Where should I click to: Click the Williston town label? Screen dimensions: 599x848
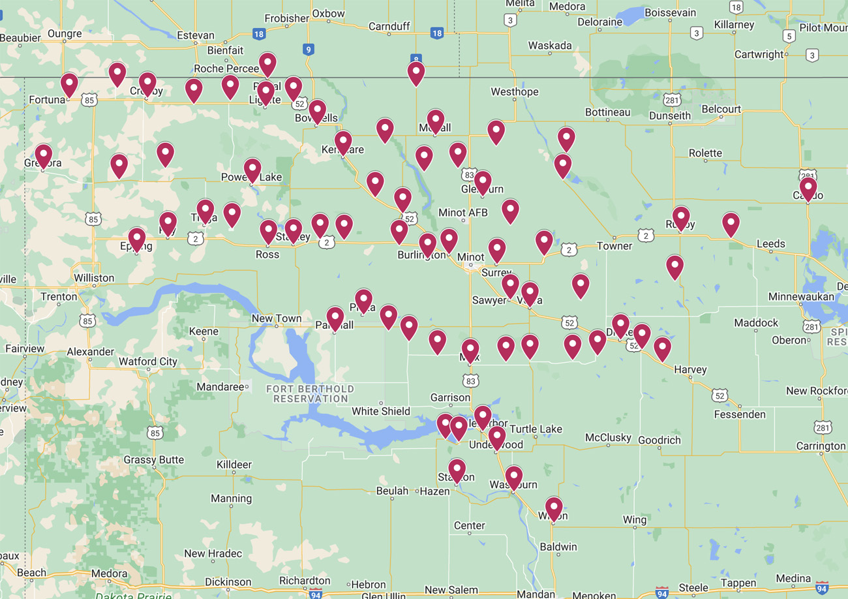pos(94,278)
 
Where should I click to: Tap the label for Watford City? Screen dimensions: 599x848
pos(147,361)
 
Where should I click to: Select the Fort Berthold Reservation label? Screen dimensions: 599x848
pos(310,393)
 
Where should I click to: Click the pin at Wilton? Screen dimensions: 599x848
pos(554,508)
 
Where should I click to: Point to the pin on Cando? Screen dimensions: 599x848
pos(808,189)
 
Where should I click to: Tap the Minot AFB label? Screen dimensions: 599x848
pos(462,213)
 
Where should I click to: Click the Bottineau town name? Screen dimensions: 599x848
pos(607,112)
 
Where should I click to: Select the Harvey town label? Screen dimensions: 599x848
pos(690,369)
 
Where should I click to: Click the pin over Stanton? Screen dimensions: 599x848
pos(457,470)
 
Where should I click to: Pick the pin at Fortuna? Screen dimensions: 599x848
pos(69,85)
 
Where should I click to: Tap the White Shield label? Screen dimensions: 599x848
pos(381,411)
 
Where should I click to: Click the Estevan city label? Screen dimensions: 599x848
pos(196,35)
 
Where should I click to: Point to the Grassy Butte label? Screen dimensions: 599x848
pos(154,460)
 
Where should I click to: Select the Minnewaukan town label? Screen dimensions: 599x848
pos(801,297)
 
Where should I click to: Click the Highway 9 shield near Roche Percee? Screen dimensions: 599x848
pos(308,49)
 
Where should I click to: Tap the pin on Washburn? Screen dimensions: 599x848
pos(514,477)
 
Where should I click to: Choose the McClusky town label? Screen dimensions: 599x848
pos(607,437)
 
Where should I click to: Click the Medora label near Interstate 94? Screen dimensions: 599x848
pos(109,574)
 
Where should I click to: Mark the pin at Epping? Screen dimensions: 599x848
pos(136,239)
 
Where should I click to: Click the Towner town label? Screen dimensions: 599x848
pos(614,246)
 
